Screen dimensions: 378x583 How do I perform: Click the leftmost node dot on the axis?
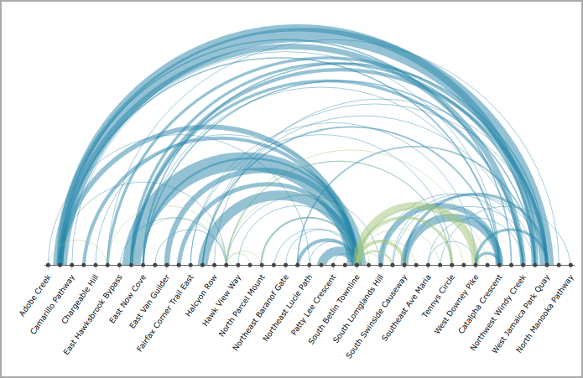[x=48, y=265]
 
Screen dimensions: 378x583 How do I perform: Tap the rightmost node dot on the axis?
[x=571, y=265]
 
